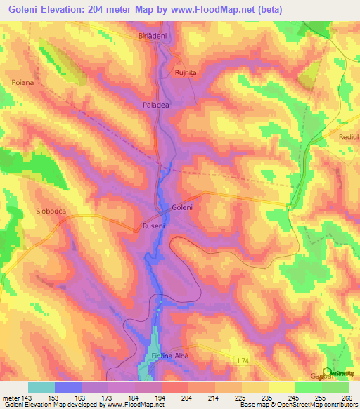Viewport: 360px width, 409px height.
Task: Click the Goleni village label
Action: pyautogui.click(x=182, y=208)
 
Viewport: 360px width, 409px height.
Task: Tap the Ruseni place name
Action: pyautogui.click(x=154, y=226)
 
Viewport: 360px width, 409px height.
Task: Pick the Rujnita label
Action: pyautogui.click(x=186, y=72)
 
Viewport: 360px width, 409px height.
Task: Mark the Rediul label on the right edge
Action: pyautogui.click(x=349, y=138)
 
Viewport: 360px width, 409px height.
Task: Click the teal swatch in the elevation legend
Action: pyautogui.click(x=41, y=387)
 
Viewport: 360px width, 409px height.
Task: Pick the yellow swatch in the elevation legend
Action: pyautogui.click(x=281, y=387)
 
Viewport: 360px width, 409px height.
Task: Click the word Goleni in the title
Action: pyautogui.click(x=72, y=9)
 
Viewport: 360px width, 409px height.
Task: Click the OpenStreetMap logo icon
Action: pyautogui.click(x=328, y=372)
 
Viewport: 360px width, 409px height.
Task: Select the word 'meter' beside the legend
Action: pyautogui.click(x=11, y=397)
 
